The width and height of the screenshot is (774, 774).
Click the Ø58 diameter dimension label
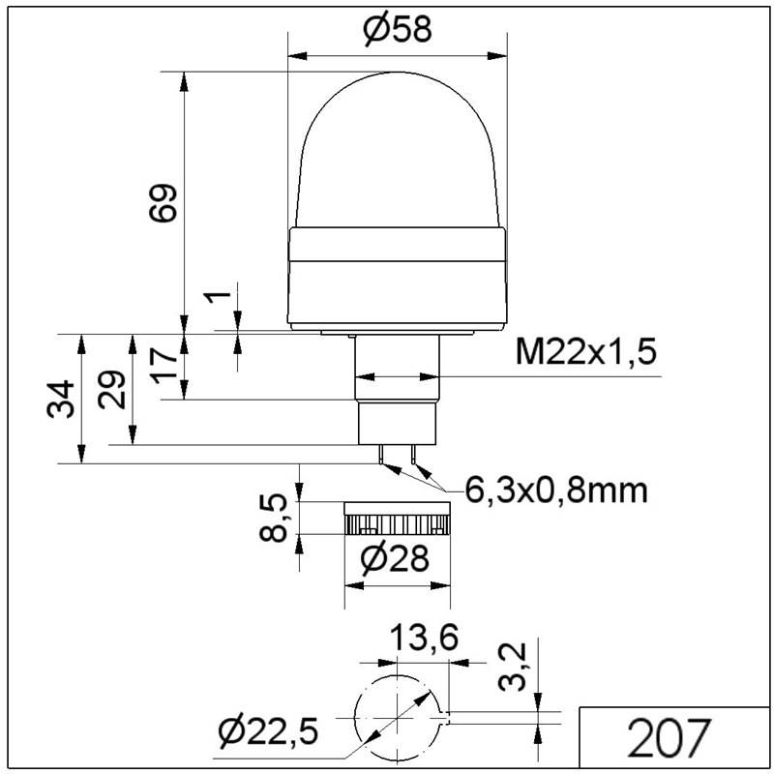[x=398, y=30]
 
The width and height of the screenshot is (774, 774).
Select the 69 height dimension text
[x=163, y=203]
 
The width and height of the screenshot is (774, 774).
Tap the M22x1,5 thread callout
[x=586, y=352]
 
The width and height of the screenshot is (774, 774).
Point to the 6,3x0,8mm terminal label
[x=556, y=491]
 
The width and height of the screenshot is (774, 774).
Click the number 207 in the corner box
[x=669, y=737]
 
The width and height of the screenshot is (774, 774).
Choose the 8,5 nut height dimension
[x=274, y=518]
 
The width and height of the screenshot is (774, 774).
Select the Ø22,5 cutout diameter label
[x=269, y=731]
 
